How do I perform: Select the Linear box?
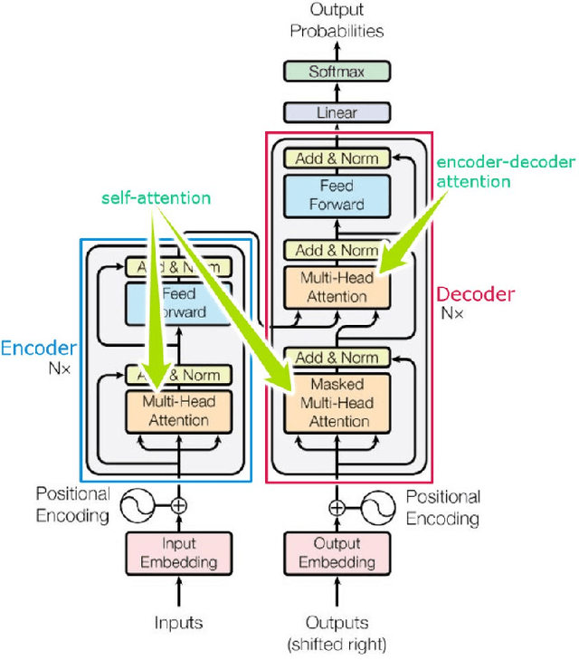coord(337,113)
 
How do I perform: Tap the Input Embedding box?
coord(178,553)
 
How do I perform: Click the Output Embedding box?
coord(337,553)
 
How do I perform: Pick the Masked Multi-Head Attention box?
coord(337,403)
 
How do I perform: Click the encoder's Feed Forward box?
coord(178,303)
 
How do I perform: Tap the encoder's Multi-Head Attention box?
coord(178,411)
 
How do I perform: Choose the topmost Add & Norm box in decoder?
coord(337,158)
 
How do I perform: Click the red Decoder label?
coord(475,294)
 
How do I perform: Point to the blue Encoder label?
coord(38,349)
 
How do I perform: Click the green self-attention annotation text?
coord(156,197)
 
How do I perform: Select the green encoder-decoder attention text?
coord(505,171)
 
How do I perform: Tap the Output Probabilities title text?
coord(337,20)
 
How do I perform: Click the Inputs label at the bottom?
coord(178,623)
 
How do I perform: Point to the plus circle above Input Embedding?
coord(178,505)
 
